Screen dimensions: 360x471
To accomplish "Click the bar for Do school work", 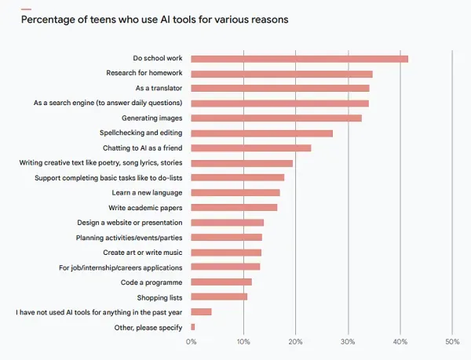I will pyautogui.click(x=299, y=59).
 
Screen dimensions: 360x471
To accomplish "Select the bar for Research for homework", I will pyautogui.click(x=281, y=74).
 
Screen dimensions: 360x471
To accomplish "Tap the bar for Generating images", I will pyautogui.click(x=276, y=118).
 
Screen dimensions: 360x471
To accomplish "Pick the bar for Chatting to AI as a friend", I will pyautogui.click(x=250, y=147).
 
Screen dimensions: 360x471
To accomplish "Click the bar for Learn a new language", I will pyautogui.click(x=235, y=192).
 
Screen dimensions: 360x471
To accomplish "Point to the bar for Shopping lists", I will pyautogui.click(x=219, y=296).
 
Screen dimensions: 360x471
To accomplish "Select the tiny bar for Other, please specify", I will pyautogui.click(x=193, y=326).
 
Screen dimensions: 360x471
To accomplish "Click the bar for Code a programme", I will pyautogui.click(x=221, y=282).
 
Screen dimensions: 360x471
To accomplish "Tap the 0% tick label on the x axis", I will pyautogui.click(x=192, y=342).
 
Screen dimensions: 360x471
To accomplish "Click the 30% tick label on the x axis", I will pyautogui.click(x=348, y=342).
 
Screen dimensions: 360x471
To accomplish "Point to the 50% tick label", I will pyautogui.click(x=452, y=342).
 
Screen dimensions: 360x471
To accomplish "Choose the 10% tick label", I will pyautogui.click(x=243, y=342).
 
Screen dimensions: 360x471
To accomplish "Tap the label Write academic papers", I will pyautogui.click(x=146, y=208).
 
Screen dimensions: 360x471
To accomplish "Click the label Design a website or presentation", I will pyautogui.click(x=130, y=223).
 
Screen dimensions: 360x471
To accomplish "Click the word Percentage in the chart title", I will pyautogui.click(x=49, y=20).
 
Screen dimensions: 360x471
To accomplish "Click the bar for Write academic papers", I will pyautogui.click(x=234, y=207).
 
